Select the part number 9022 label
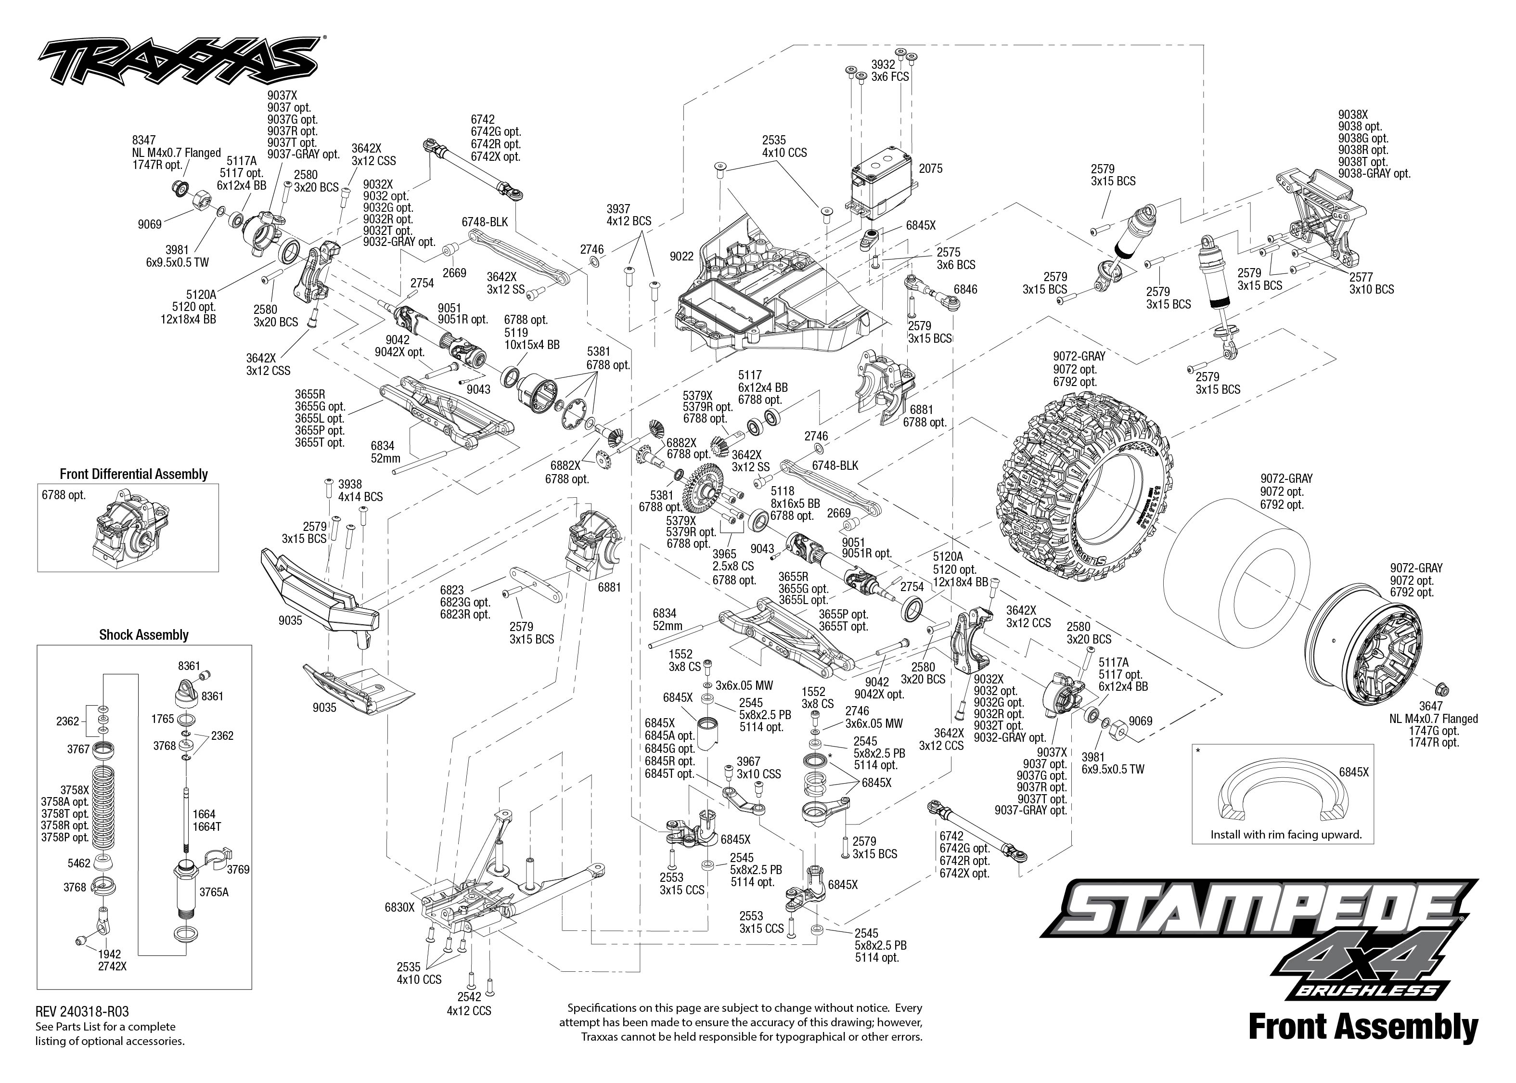681,256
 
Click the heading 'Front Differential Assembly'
133,474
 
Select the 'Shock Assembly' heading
143,635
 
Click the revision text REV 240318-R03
82,1012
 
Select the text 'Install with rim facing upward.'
1286,834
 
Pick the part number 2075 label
931,169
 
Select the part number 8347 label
144,140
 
